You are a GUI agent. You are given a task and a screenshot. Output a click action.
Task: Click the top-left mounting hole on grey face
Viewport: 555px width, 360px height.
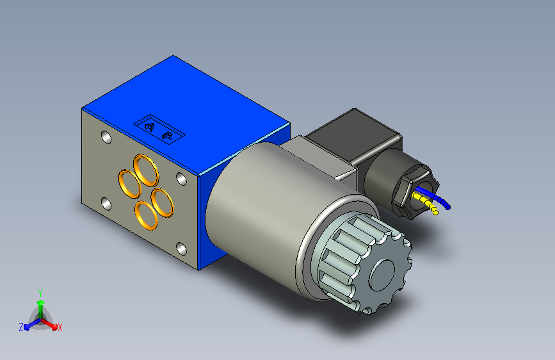[x=106, y=138]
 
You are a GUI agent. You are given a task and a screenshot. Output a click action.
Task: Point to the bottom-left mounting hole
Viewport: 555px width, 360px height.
[x=106, y=204]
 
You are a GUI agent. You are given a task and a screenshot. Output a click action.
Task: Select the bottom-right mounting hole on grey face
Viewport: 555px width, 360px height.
[x=181, y=249]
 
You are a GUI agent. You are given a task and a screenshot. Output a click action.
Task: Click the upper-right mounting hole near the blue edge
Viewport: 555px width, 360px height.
[x=181, y=179]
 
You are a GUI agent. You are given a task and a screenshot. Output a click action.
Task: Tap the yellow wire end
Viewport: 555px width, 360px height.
[x=436, y=212]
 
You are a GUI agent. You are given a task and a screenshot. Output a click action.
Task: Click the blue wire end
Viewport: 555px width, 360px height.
[x=447, y=208]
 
